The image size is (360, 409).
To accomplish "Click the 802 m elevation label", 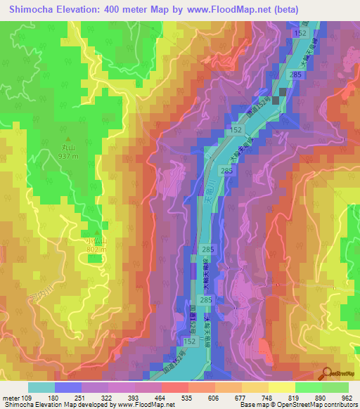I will [96, 249].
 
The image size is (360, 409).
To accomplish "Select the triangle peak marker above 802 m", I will [96, 233].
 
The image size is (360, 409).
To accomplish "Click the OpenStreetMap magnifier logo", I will [326, 373].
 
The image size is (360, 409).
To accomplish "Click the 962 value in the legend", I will [347, 397].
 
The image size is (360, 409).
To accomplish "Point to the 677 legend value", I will [240, 397].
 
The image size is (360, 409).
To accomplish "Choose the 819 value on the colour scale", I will [294, 397].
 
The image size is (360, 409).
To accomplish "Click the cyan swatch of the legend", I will [41, 387].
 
